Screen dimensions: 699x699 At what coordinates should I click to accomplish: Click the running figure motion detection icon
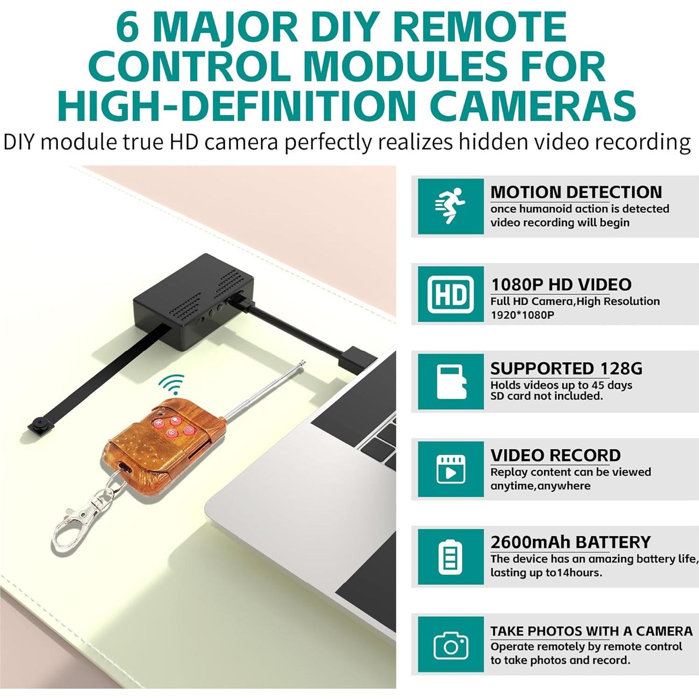(x=450, y=206)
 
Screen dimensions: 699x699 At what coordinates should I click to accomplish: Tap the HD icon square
(x=450, y=294)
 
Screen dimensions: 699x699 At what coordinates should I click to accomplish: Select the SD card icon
(x=450, y=382)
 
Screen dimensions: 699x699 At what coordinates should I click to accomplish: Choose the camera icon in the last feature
(x=450, y=645)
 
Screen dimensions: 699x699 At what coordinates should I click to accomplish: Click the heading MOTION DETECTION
(x=576, y=192)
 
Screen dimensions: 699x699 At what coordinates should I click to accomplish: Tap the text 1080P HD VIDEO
(x=561, y=284)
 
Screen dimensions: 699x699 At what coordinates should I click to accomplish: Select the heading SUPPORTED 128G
(x=566, y=368)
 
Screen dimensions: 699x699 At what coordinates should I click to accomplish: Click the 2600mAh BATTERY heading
(x=570, y=542)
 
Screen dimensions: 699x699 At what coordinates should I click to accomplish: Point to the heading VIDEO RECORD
(x=555, y=455)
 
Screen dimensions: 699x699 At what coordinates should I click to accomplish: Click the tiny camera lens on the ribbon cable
(x=37, y=425)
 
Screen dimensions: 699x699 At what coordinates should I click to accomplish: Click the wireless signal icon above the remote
(x=171, y=384)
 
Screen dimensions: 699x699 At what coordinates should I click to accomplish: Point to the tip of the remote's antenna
(x=303, y=363)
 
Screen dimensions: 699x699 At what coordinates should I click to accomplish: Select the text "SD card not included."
(x=546, y=396)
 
